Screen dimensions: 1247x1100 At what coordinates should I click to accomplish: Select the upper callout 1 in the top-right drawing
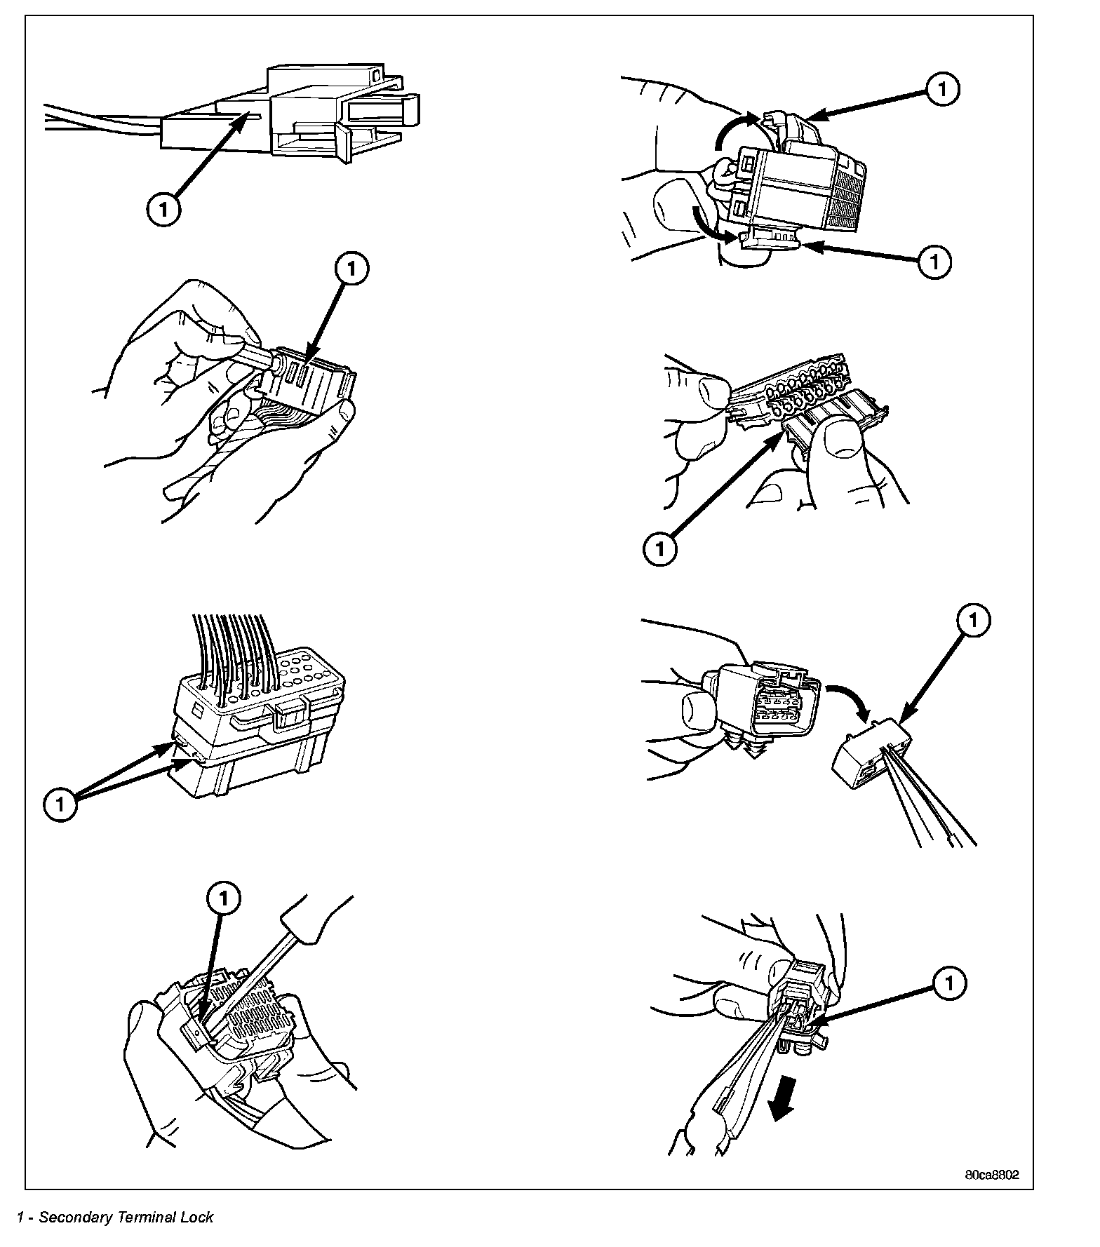[942, 89]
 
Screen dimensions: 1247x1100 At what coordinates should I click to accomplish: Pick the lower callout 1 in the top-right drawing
[934, 262]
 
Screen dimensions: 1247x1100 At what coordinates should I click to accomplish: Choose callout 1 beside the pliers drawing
[949, 985]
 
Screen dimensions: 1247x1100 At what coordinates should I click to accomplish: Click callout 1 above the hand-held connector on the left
[352, 269]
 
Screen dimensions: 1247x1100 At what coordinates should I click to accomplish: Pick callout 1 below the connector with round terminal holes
[659, 549]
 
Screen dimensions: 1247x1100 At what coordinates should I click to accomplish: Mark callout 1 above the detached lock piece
[973, 619]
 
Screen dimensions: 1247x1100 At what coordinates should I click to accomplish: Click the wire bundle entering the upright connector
[232, 652]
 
